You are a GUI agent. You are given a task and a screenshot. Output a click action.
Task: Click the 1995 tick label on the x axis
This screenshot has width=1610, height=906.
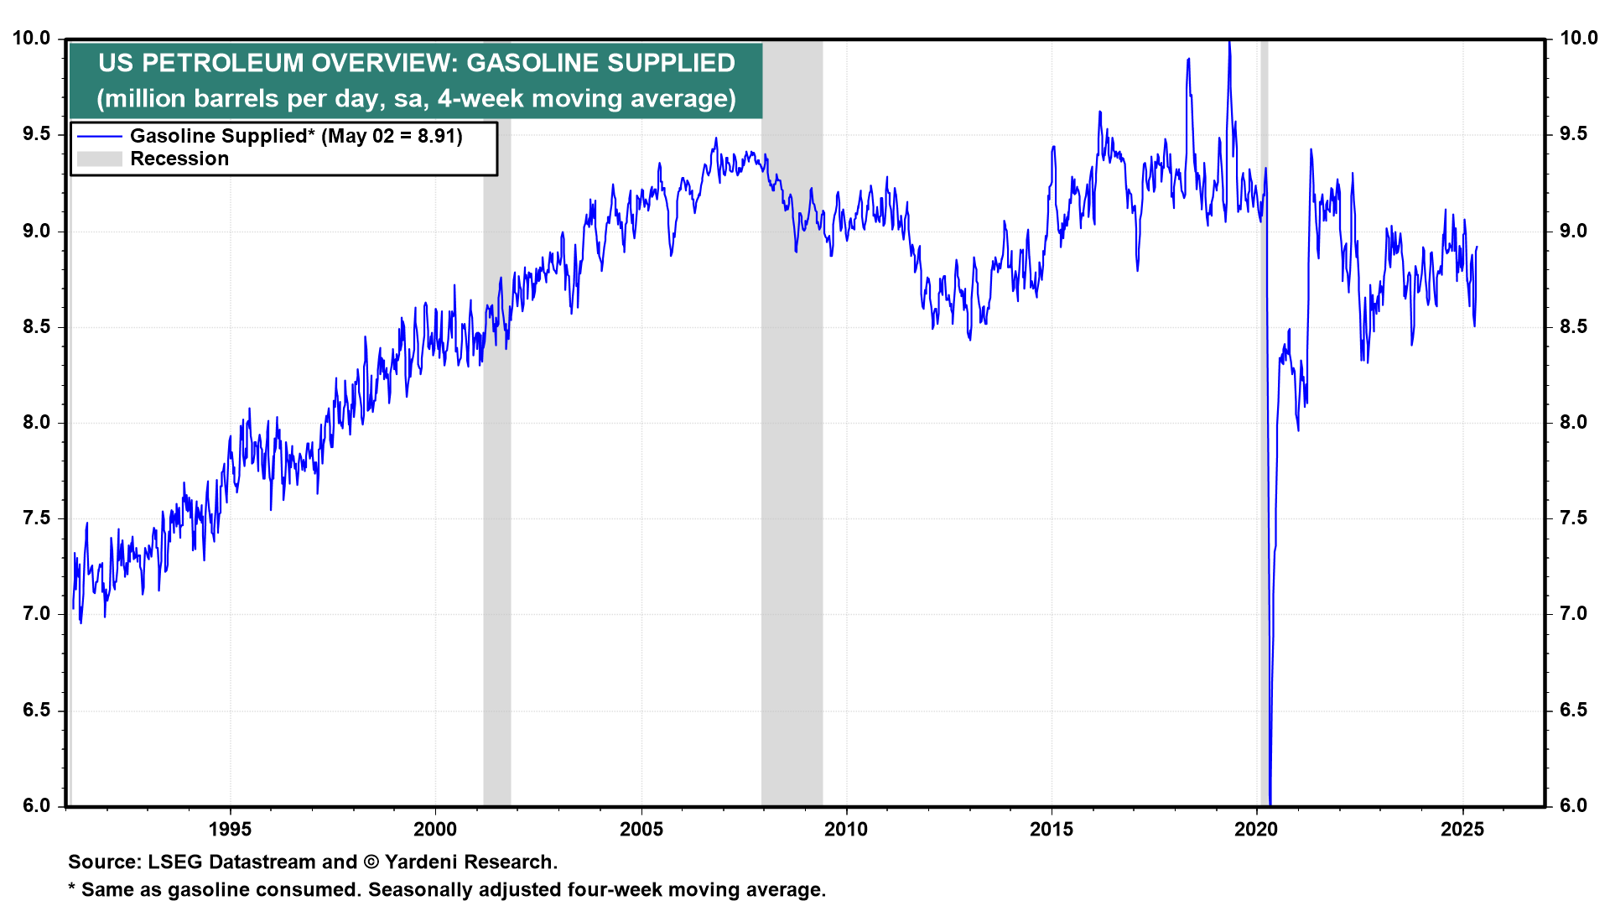coord(230,830)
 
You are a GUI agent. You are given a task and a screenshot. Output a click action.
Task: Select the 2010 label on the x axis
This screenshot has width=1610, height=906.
coord(846,830)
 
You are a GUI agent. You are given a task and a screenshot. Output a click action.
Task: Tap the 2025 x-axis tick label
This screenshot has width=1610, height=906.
coord(1462,830)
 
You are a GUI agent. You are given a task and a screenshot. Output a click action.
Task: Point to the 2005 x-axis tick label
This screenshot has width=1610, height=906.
coord(641,830)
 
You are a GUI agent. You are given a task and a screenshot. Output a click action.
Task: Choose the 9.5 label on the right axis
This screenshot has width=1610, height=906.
coord(1573,134)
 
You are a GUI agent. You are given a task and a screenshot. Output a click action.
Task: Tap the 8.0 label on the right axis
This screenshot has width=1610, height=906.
coord(1573,423)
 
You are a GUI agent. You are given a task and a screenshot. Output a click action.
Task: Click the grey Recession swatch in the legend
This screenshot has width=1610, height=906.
coord(99,159)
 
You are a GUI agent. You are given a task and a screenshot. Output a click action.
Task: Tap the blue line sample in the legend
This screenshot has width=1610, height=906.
coord(99,136)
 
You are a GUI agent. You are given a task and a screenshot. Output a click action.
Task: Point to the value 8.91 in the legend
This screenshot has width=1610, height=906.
coord(439,136)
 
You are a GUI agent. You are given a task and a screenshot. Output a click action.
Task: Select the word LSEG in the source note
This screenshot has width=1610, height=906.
coord(174,862)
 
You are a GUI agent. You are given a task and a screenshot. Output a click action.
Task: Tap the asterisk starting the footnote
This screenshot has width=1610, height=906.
coord(72,888)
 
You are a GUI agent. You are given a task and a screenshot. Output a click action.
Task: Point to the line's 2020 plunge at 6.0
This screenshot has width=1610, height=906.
coord(1270,801)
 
